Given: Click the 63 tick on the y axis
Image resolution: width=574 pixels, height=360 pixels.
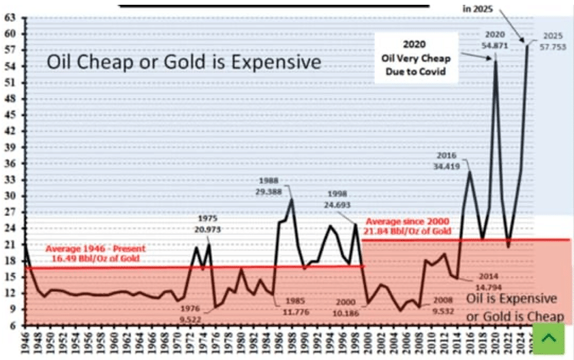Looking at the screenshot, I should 10,18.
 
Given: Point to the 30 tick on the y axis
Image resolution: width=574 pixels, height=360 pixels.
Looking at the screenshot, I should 10,196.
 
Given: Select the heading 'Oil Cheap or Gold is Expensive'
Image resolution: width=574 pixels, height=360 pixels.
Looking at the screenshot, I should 183,63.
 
